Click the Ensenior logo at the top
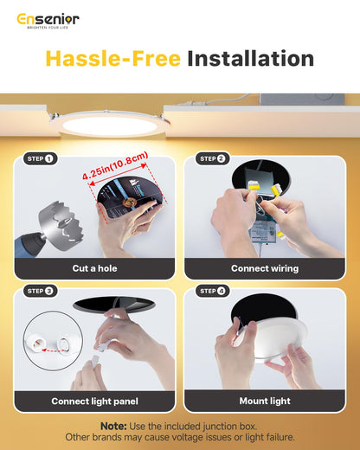48,18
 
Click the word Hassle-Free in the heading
112,59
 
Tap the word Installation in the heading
250,59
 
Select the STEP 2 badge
213,158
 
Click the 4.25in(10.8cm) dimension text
115,165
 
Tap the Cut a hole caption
94,268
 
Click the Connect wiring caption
265,268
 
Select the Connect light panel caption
94,402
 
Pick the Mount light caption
265,402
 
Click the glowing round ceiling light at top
109,125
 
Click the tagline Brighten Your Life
48,27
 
